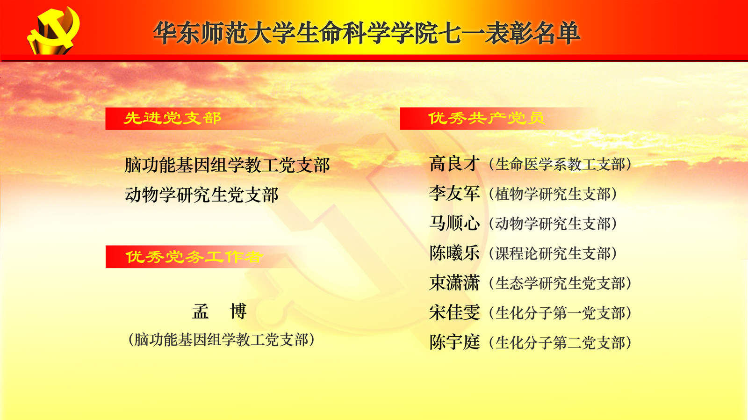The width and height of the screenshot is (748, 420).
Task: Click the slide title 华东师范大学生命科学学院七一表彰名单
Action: click(x=367, y=32)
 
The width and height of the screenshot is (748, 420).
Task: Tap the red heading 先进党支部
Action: click(x=173, y=118)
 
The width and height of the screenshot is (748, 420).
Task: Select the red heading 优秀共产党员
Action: click(x=486, y=118)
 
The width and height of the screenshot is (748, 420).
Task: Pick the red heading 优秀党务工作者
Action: click(x=194, y=257)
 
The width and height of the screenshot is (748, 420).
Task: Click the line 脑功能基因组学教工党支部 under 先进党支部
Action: click(x=227, y=165)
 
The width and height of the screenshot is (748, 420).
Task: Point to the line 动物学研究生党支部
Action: click(x=201, y=195)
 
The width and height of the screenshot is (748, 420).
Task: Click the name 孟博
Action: click(x=219, y=311)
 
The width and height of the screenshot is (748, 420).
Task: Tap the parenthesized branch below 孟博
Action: click(x=221, y=340)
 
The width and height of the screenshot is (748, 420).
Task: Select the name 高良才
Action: click(x=454, y=164)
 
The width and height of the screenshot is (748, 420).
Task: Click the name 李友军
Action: click(x=454, y=194)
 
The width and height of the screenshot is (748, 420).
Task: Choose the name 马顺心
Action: click(x=454, y=223)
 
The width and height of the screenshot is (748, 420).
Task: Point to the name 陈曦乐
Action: click(x=454, y=253)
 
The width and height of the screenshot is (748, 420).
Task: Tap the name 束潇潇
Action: click(x=454, y=282)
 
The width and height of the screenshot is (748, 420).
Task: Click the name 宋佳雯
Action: click(x=454, y=312)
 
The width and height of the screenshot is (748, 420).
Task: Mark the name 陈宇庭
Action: click(x=454, y=342)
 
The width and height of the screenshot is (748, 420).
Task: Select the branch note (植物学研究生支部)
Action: click(x=553, y=194)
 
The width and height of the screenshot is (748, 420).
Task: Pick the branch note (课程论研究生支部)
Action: click(x=553, y=253)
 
